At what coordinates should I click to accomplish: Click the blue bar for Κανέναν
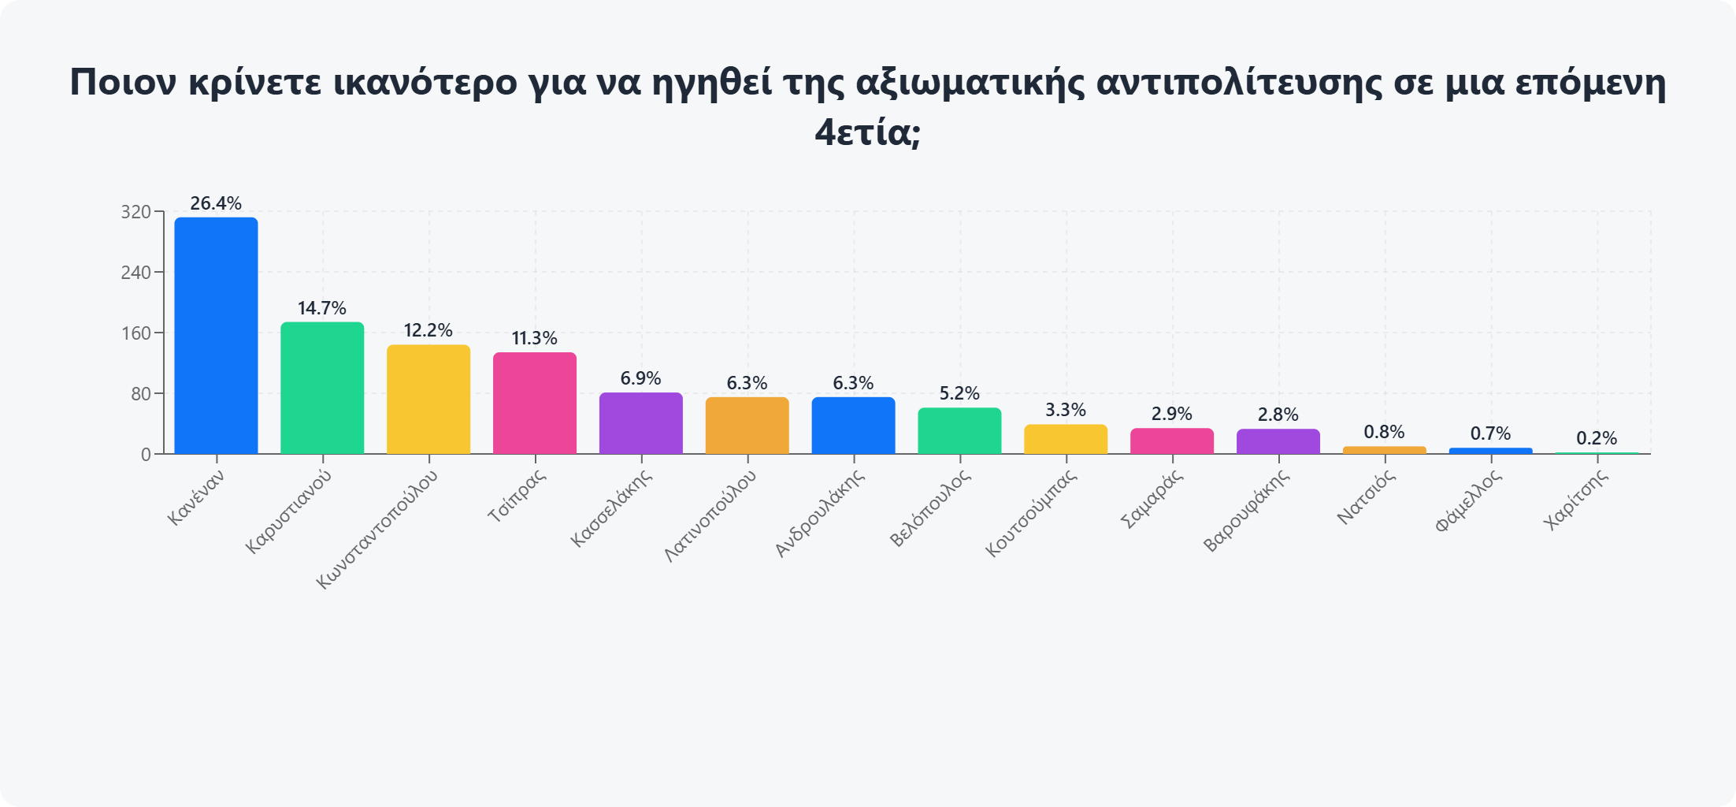click(x=216, y=336)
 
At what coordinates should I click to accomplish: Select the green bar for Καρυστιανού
click(x=322, y=388)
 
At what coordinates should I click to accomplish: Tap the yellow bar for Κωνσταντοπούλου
click(x=428, y=400)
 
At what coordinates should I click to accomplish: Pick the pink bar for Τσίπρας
click(x=535, y=403)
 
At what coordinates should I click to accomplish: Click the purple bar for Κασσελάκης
click(x=641, y=423)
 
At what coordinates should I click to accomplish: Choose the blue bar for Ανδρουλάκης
click(x=853, y=426)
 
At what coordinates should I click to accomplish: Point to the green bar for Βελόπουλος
click(x=959, y=431)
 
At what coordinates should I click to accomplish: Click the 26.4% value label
click(x=216, y=203)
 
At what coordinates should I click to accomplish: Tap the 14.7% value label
click(x=322, y=308)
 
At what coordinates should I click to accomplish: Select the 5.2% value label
click(x=959, y=393)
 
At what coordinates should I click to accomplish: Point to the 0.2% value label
click(x=1597, y=438)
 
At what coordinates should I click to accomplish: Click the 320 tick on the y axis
click(x=135, y=212)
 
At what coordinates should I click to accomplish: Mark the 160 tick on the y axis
click(x=135, y=333)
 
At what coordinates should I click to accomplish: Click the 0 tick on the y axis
click(x=146, y=455)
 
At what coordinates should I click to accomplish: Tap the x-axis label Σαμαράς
click(x=1152, y=500)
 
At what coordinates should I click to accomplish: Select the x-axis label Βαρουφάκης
click(x=1246, y=511)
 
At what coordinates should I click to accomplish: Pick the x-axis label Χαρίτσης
click(x=1576, y=500)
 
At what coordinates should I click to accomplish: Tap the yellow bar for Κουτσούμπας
click(x=1066, y=440)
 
